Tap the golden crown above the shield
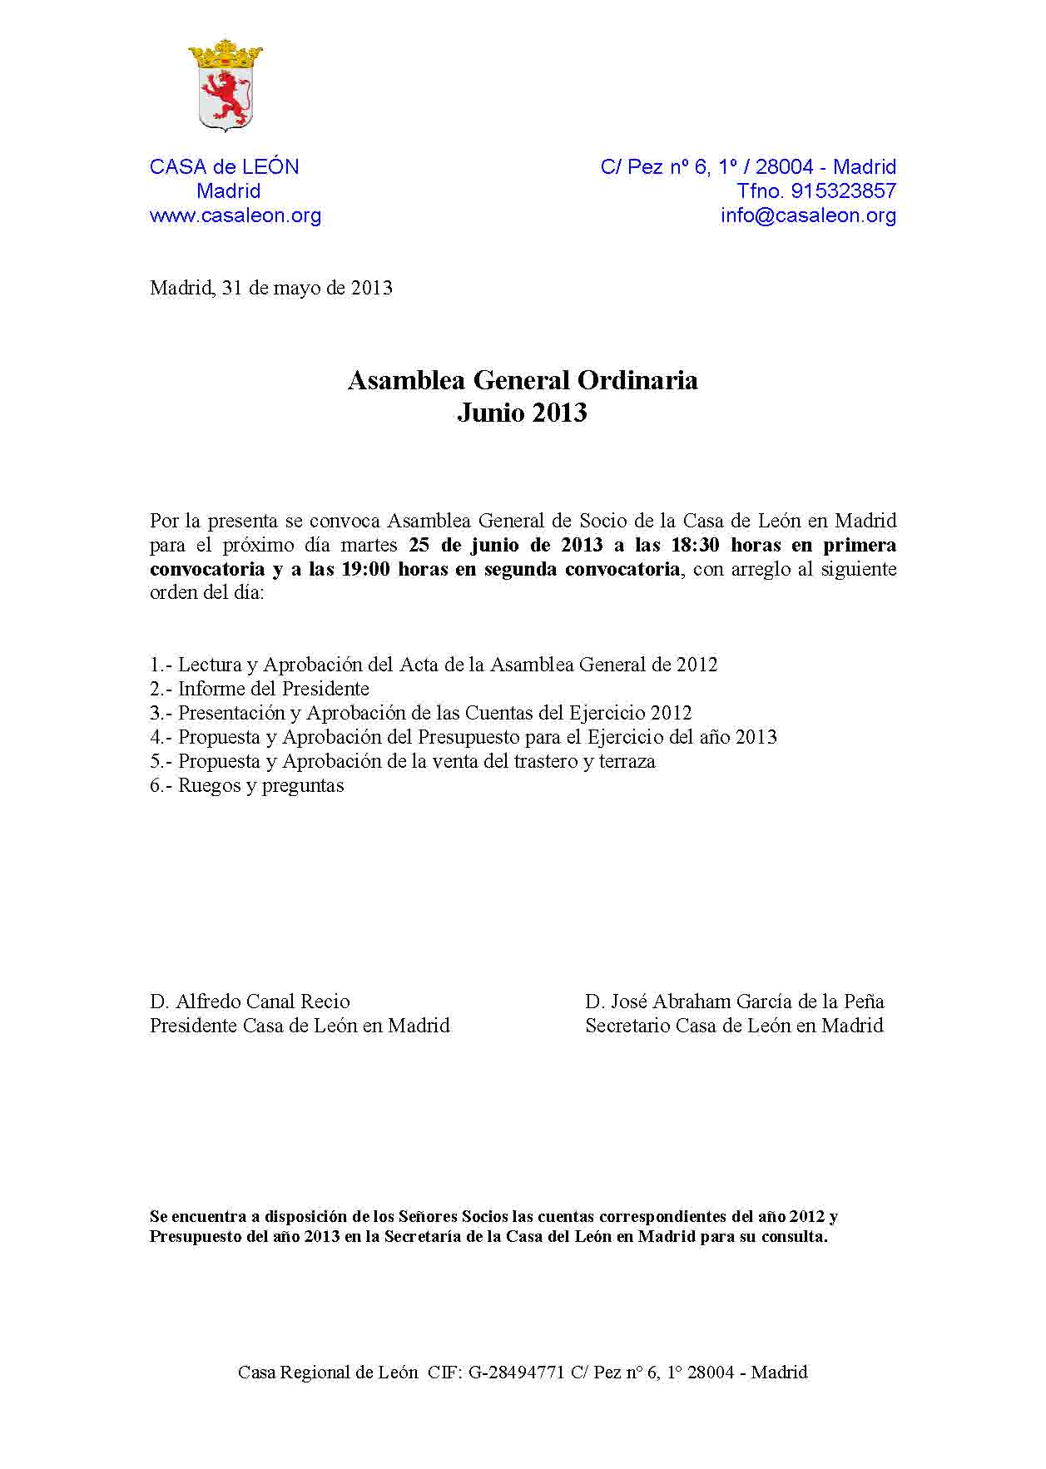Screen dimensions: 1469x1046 point(225,56)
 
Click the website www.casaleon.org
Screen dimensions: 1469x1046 point(235,216)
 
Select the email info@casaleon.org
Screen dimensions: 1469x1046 point(808,216)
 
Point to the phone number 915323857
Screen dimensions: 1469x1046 point(843,191)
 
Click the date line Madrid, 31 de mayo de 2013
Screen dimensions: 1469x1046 point(271,289)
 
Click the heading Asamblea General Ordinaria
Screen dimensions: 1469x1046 point(523,381)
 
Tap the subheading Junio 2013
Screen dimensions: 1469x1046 point(523,413)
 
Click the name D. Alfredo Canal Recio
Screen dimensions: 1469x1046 point(250,1002)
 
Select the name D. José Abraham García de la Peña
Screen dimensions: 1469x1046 point(734,1002)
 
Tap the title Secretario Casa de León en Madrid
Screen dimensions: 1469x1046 point(734,1026)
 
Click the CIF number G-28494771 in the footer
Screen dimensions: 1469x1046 point(517,1373)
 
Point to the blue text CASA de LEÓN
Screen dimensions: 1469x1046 point(225,167)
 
